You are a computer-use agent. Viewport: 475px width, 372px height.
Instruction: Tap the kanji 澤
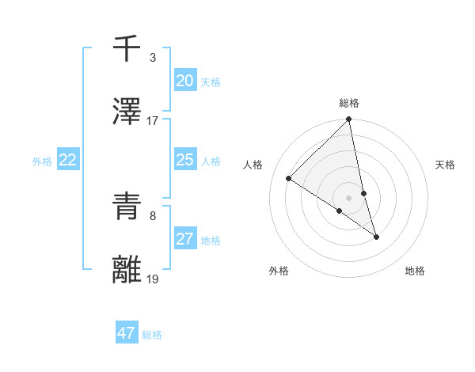127,112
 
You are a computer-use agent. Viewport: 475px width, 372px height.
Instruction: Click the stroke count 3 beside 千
152,58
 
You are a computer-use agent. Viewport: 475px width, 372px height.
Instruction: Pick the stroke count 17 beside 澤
152,120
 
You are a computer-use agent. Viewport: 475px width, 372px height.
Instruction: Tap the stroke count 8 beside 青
152,215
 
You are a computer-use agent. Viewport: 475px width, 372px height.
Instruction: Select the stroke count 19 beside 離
152,279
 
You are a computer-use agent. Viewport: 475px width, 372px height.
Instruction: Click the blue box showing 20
185,81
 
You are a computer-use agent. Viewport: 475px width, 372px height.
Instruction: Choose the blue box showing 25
185,160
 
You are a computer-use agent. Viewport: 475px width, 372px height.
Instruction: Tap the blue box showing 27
185,239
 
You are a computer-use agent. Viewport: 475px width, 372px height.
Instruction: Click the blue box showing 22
68,160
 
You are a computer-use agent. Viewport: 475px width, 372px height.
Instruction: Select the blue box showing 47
127,333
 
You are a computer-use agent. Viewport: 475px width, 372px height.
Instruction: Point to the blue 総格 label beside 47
152,335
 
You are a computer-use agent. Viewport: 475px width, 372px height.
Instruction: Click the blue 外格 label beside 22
42,161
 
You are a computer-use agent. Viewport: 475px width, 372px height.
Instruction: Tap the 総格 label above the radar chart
349,104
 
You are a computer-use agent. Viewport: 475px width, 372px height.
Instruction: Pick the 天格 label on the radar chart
446,165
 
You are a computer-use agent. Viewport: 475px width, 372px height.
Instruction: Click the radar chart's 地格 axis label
415,271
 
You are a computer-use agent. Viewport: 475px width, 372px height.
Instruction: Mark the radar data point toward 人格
289,179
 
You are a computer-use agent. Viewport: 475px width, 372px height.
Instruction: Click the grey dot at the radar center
349,198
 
